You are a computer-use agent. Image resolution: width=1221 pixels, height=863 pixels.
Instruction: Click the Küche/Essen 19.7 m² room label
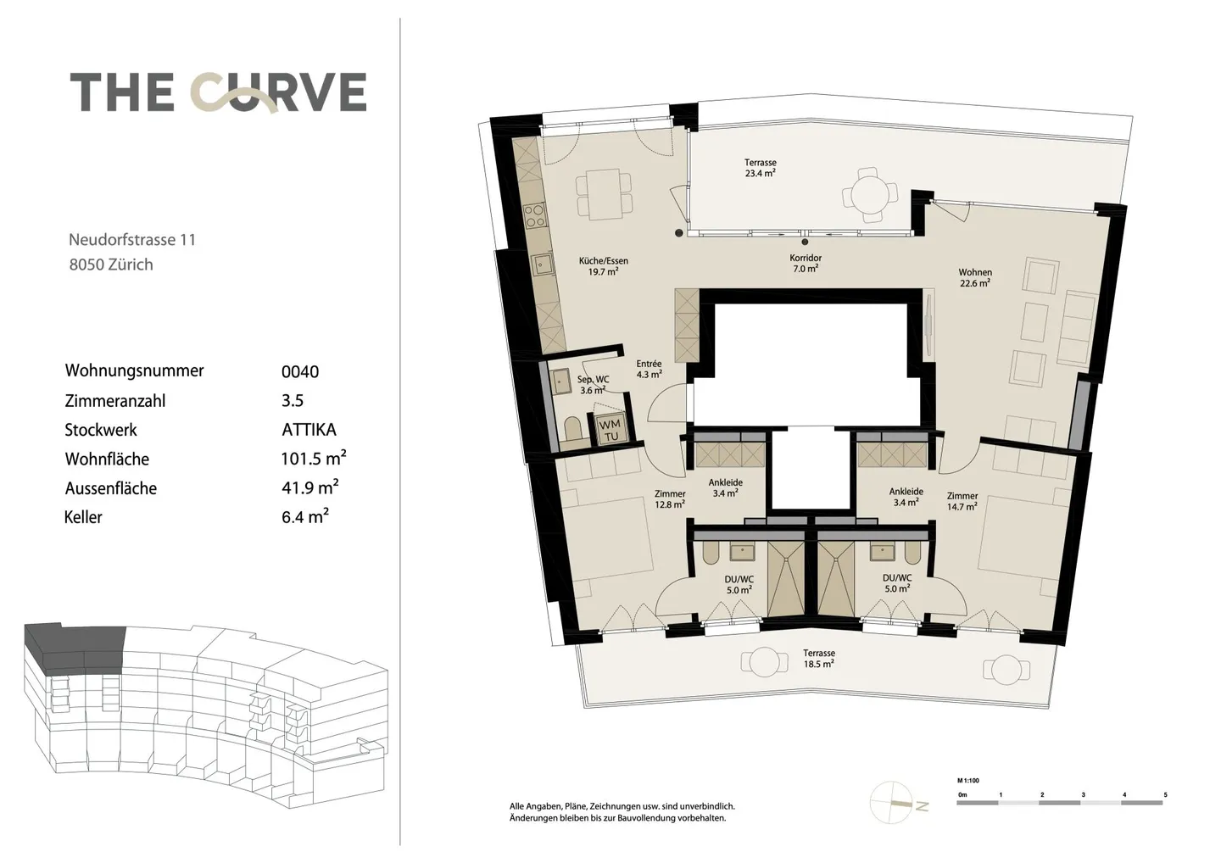point(604,266)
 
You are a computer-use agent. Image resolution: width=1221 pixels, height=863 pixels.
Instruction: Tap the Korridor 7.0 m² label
point(806,263)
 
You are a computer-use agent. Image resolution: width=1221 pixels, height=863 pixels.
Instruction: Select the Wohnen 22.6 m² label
point(975,277)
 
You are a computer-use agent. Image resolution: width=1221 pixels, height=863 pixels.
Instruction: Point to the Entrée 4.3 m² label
point(649,369)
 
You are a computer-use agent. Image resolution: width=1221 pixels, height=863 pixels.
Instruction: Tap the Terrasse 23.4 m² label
point(761,168)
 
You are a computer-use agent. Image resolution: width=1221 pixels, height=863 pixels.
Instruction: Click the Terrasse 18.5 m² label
point(819,659)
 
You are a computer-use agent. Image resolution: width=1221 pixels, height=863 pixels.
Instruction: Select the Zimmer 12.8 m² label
point(670,499)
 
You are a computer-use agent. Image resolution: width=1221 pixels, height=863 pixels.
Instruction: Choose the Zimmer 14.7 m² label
point(962,501)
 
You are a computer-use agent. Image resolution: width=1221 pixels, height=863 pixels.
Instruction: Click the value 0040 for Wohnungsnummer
point(300,371)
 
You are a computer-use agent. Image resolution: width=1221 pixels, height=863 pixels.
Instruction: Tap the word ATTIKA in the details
point(309,430)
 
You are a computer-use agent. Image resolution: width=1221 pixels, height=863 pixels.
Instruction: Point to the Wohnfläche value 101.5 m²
point(314,458)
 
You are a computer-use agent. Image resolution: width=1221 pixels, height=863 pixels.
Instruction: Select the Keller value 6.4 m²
point(305,516)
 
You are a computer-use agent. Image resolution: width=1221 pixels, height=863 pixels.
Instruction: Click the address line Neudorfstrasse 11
point(132,240)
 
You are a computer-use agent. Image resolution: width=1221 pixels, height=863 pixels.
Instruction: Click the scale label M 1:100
point(968,781)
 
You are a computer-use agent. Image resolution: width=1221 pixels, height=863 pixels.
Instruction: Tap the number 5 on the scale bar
point(1165,795)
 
